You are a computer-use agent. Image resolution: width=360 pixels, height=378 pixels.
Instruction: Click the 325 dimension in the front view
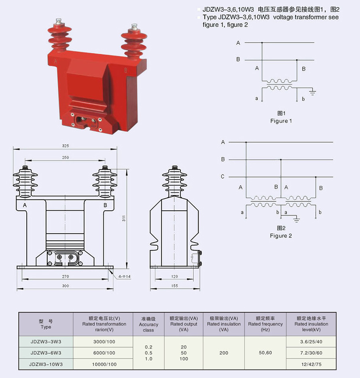[x=65, y=146]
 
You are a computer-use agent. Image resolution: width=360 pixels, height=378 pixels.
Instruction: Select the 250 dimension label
[x=65, y=157]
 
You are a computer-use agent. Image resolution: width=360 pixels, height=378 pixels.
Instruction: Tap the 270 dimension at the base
[x=66, y=277]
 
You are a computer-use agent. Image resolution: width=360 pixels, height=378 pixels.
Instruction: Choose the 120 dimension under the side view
[x=174, y=277]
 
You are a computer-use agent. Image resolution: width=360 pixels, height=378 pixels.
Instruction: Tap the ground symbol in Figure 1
[x=312, y=93]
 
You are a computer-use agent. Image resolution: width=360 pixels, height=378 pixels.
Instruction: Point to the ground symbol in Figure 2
[x=296, y=220]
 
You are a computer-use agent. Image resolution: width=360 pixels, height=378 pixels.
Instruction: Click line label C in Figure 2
[x=223, y=177]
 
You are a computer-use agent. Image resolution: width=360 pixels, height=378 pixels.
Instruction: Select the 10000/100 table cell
[x=104, y=364]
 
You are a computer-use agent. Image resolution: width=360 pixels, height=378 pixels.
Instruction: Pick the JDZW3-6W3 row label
[x=46, y=353]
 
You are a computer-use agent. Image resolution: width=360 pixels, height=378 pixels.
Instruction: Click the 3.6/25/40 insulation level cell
[x=311, y=342]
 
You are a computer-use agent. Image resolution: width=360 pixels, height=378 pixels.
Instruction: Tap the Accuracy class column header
[x=148, y=324]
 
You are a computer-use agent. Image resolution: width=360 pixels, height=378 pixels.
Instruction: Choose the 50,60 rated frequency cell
[x=265, y=353]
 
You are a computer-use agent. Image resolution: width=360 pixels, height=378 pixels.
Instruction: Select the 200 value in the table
[x=224, y=353]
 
